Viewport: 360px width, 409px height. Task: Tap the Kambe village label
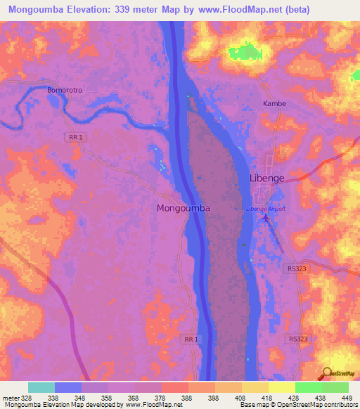click(x=274, y=103)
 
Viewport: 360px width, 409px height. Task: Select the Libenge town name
click(x=267, y=178)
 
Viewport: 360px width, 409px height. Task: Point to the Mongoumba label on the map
click(x=183, y=209)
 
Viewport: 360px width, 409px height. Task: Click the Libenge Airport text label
click(x=266, y=209)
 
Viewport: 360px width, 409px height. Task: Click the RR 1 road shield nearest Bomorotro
click(x=77, y=138)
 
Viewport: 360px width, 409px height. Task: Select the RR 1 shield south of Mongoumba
click(x=191, y=339)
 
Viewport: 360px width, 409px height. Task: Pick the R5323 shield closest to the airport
click(x=297, y=268)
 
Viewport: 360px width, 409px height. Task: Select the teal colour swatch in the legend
click(x=41, y=387)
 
